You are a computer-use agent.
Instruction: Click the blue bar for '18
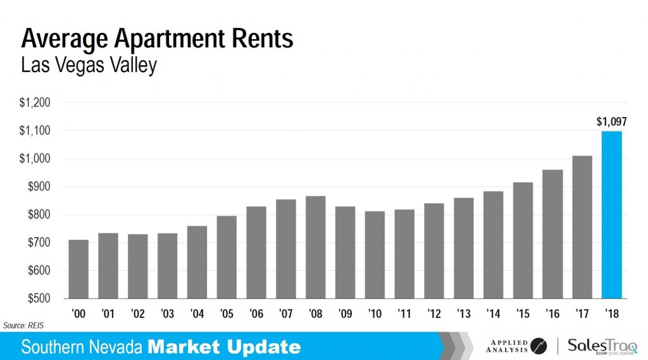(612, 215)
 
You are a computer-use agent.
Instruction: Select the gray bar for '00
(78, 269)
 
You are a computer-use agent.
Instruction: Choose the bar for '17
(582, 227)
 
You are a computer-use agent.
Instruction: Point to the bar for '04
(197, 262)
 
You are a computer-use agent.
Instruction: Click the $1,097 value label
(611, 122)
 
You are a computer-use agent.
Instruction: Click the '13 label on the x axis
(463, 313)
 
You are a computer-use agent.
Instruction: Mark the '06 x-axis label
(256, 313)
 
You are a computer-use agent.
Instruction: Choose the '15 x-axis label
(523, 313)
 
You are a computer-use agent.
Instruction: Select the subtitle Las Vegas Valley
(89, 66)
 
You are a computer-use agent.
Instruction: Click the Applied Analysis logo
(516, 345)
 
